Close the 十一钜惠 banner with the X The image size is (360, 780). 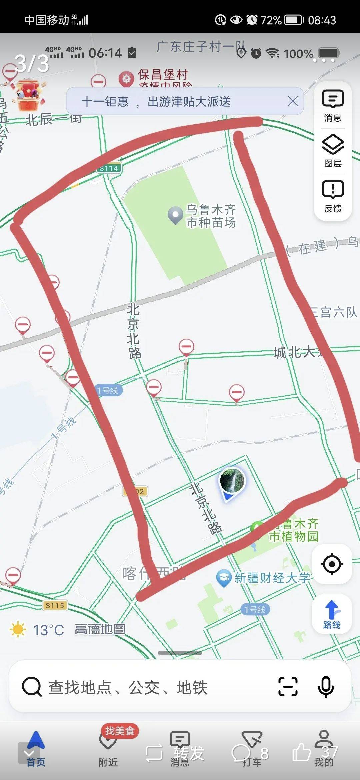[x=293, y=101]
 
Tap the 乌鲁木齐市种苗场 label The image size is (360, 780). [x=211, y=216]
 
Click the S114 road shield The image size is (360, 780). [x=109, y=168]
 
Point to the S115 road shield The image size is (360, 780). [x=55, y=605]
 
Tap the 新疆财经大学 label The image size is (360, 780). [x=272, y=578]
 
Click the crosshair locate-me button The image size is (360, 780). [x=332, y=564]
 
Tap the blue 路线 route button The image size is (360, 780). [x=332, y=614]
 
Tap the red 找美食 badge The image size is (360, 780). [x=120, y=731]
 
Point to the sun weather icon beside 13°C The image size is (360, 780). [x=18, y=630]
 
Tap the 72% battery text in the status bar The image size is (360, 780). [x=271, y=20]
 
